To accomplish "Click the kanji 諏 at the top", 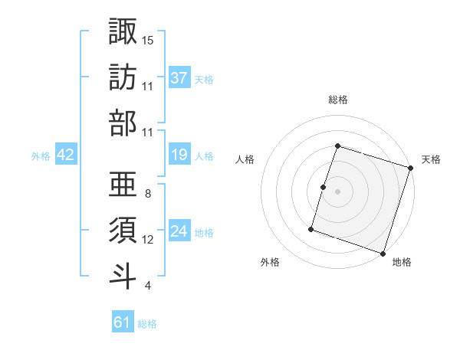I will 123,31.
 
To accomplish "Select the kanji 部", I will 123,123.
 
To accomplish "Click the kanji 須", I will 123,230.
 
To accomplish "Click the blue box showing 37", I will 179,77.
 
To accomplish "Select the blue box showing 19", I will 179,155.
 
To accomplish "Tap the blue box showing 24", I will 179,231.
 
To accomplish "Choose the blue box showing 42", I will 66,155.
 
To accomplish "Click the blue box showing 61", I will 123,322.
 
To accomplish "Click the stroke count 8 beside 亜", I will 147,194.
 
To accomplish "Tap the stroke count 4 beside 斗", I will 147,286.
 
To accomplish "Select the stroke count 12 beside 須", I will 148,240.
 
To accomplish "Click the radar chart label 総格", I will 338,100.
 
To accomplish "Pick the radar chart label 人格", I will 245,159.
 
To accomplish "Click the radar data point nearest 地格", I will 383,253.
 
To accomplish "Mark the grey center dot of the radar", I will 337,191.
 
